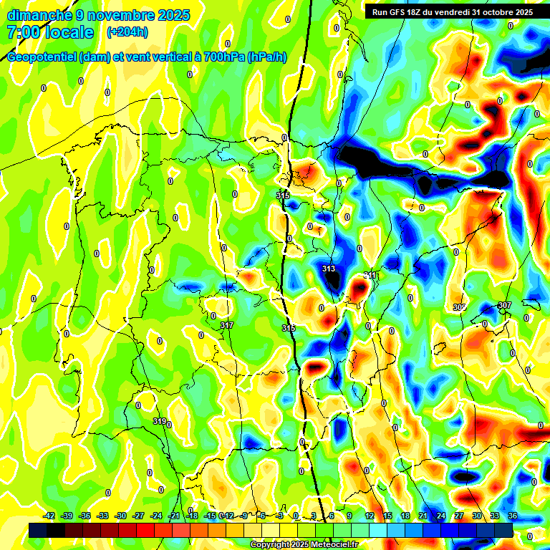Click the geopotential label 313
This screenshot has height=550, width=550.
[329, 269]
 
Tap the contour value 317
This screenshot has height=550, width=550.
[227, 326]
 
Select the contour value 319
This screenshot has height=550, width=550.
[160, 421]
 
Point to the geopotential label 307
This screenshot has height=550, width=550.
[504, 305]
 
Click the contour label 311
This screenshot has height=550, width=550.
[370, 276]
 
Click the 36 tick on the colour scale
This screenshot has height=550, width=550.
[513, 516]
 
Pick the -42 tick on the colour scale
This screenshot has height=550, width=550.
[49, 516]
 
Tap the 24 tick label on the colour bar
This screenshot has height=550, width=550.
[440, 516]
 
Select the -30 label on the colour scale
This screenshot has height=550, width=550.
[121, 516]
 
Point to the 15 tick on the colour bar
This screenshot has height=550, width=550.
[387, 516]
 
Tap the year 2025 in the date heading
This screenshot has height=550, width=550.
[171, 15]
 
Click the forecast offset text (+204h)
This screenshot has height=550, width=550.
[127, 32]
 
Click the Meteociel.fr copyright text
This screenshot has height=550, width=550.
[304, 545]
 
